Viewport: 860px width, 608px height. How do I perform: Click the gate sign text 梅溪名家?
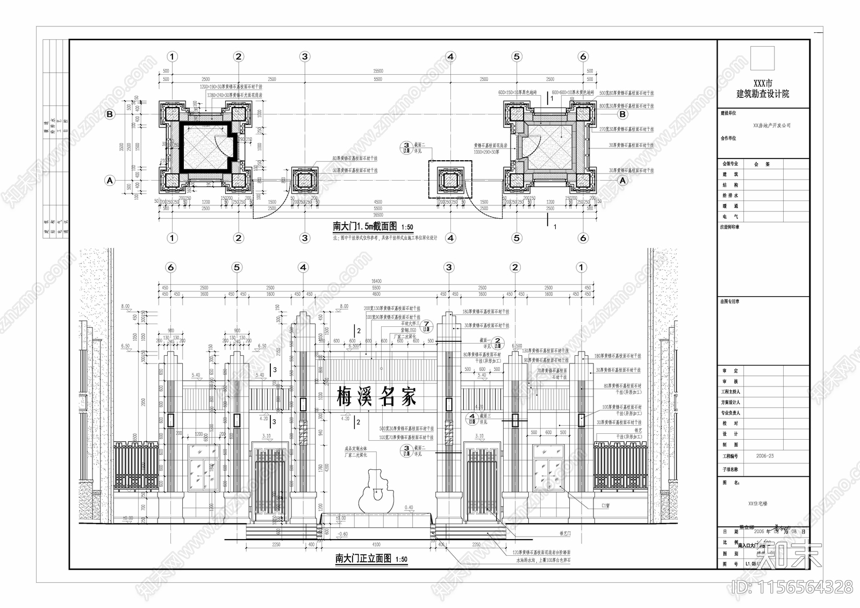(376, 397)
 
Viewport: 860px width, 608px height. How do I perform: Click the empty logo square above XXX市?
(763, 58)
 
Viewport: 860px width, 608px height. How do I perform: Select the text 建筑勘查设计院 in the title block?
(763, 94)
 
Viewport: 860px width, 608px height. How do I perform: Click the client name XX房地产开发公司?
(772, 125)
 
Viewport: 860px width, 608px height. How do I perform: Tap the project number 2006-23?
(765, 456)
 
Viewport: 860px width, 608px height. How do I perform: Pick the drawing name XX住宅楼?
(758, 504)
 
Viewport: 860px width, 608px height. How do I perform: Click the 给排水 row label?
(730, 195)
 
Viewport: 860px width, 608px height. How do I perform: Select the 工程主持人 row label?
(730, 391)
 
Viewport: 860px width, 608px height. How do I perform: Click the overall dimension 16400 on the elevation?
(376, 281)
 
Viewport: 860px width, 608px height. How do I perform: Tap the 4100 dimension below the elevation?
(376, 544)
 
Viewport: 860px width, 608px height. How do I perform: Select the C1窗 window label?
(606, 506)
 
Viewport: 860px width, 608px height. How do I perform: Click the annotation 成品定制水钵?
(355, 448)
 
